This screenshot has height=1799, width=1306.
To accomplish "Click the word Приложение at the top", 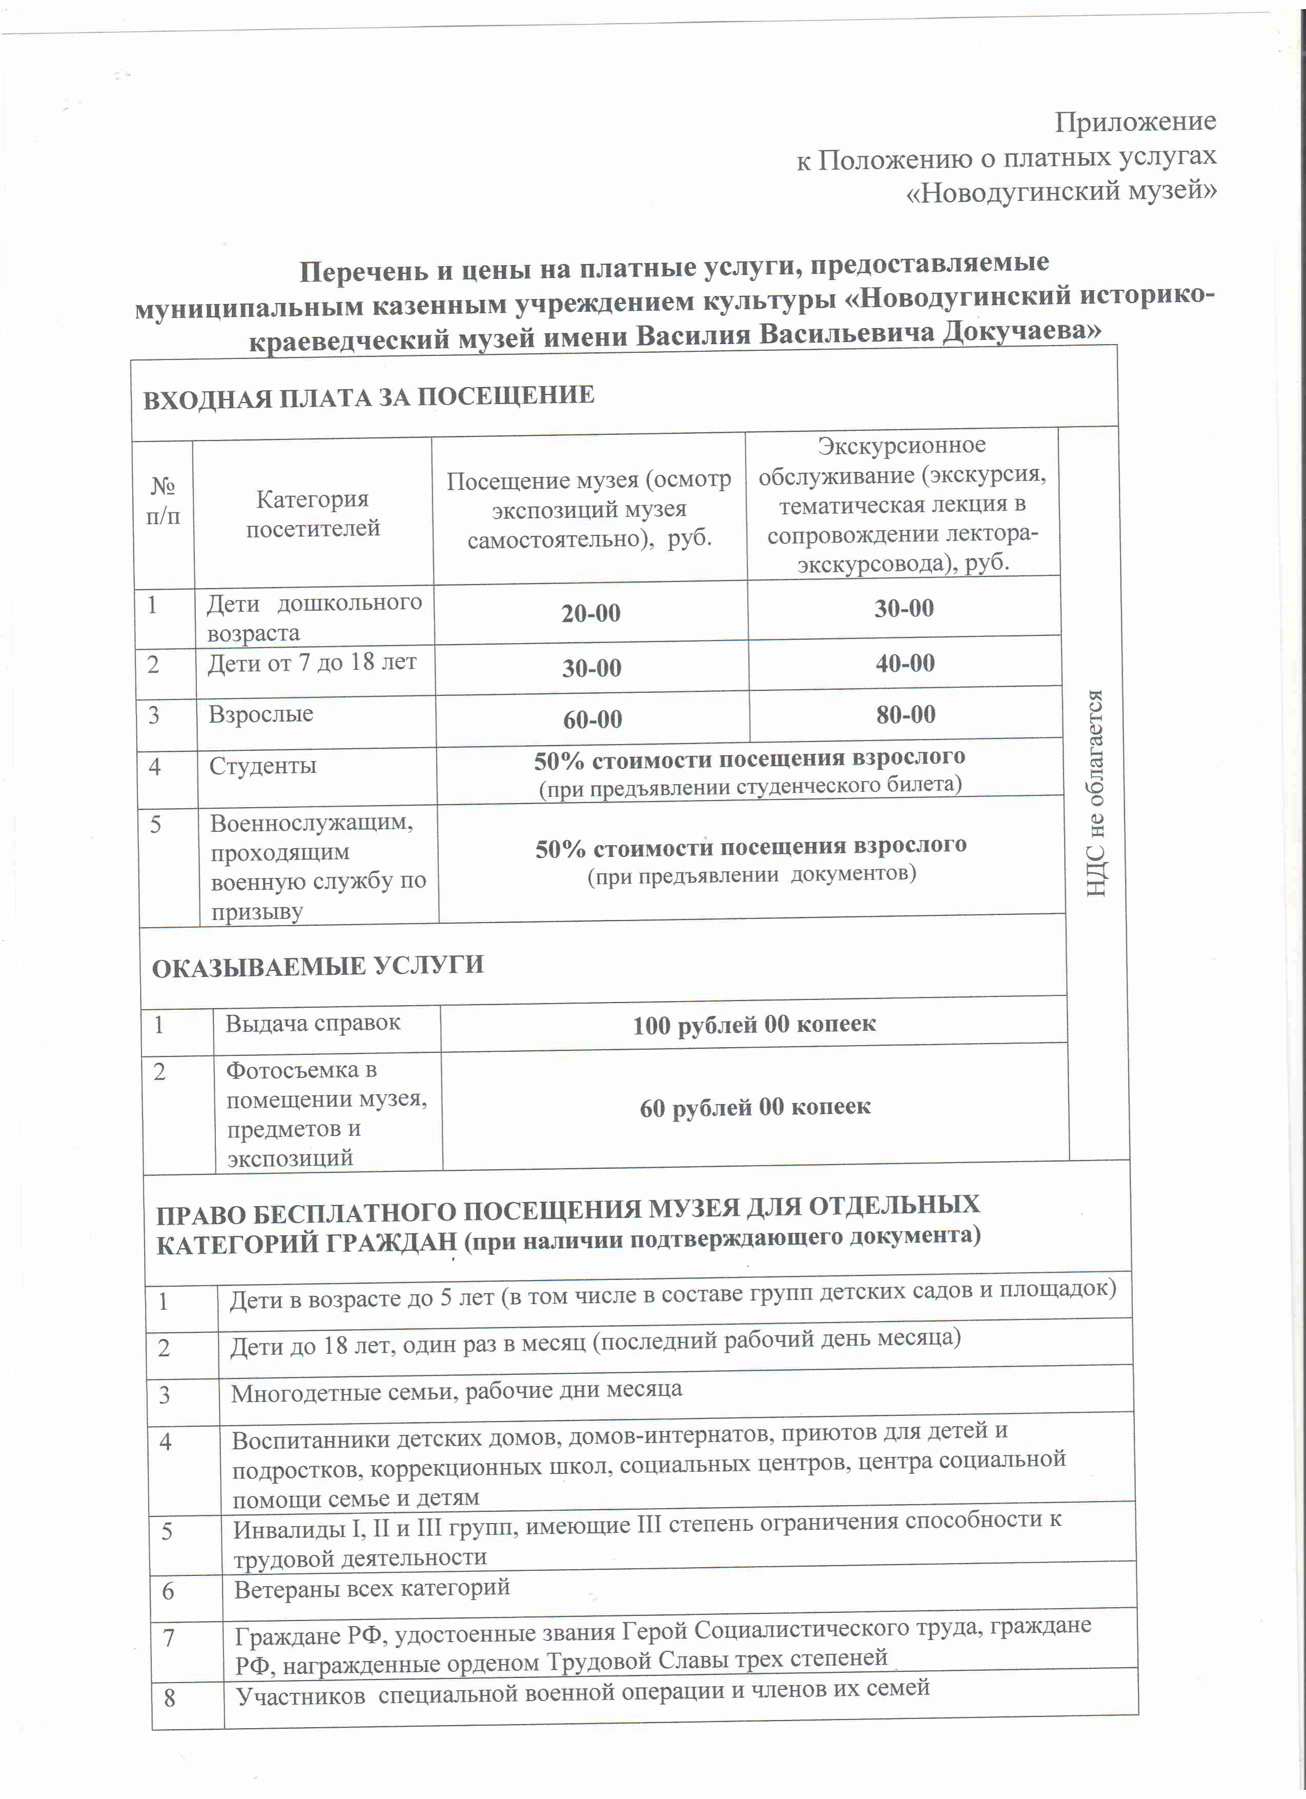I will tap(1135, 122).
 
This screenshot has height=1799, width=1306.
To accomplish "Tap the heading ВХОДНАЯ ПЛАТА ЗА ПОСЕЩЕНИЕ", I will tap(369, 396).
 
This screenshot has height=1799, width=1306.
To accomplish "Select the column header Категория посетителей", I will tap(312, 514).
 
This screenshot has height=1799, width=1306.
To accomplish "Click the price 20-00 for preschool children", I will tap(591, 613).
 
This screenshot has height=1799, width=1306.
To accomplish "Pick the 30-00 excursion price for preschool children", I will tap(904, 608).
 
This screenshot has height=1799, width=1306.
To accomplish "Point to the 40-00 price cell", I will tap(905, 663).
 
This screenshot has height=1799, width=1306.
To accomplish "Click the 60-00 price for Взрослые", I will tap(592, 719).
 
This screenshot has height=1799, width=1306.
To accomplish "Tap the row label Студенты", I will tap(263, 766).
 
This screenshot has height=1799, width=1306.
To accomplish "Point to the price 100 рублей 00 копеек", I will tap(754, 1025).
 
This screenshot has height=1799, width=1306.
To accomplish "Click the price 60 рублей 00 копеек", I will tap(755, 1107).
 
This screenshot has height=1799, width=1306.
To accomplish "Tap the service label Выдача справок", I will tap(312, 1023).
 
